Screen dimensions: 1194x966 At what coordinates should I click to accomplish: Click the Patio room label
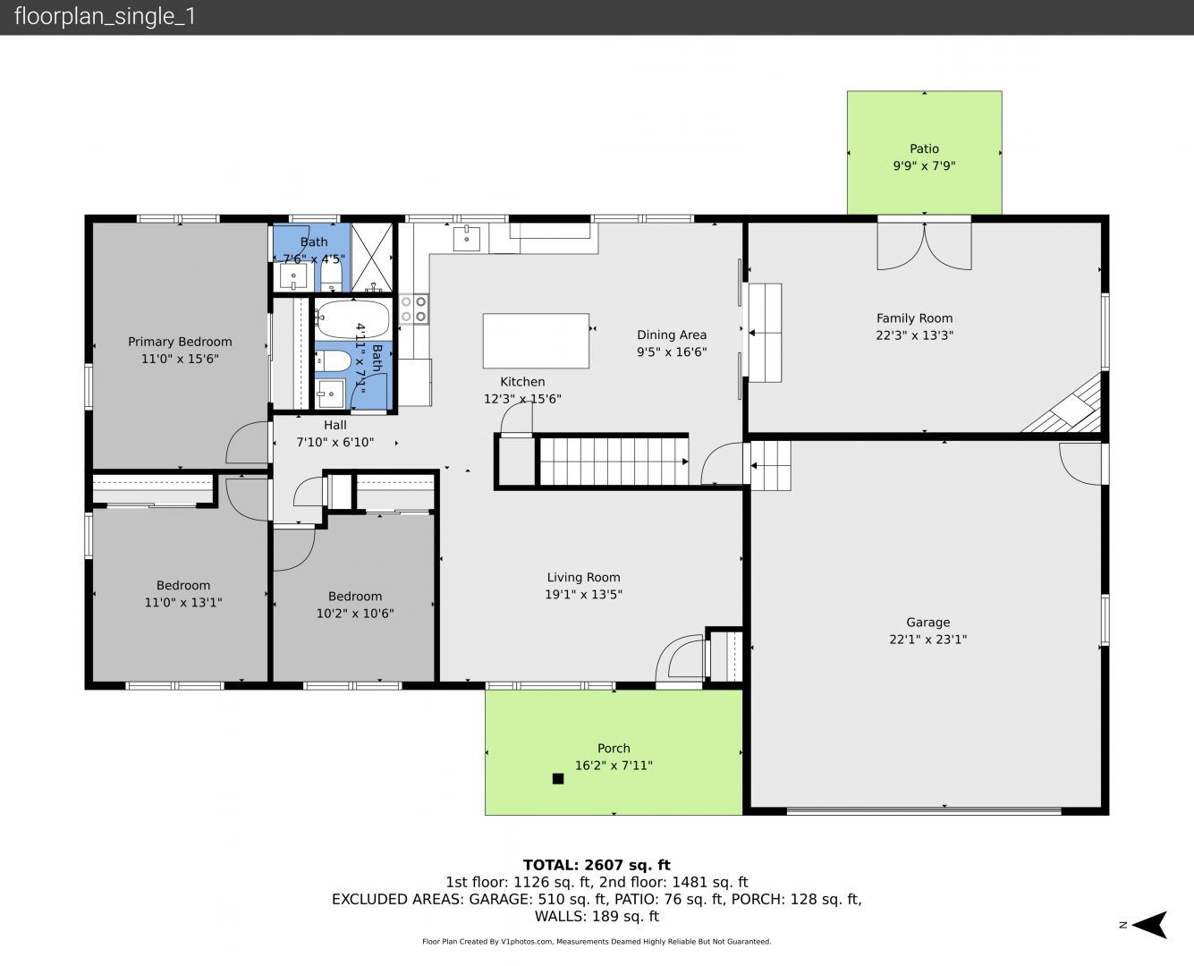924,148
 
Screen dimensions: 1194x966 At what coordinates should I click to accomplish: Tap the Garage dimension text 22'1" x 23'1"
927,640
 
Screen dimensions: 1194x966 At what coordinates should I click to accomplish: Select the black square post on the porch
558,778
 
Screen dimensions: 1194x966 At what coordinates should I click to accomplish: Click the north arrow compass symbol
1149,925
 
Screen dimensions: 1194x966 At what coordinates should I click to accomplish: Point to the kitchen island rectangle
536,341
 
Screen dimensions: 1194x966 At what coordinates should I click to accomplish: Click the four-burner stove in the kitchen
414,309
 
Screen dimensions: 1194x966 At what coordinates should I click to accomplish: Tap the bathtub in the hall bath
351,319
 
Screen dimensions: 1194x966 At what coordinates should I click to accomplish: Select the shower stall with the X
372,257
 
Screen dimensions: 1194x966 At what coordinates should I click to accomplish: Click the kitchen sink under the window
466,238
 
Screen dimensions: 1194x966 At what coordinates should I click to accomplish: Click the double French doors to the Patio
925,246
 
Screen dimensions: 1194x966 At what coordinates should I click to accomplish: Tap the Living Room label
583,578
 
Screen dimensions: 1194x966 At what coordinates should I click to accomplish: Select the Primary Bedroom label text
180,342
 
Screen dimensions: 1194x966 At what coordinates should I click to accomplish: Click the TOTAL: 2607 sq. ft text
597,865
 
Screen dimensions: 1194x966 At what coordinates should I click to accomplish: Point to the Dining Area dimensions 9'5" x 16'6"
672,352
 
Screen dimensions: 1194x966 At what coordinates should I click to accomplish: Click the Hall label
335,425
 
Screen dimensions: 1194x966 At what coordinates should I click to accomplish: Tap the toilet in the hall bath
333,361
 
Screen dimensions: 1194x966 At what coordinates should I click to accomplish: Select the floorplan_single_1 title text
105,17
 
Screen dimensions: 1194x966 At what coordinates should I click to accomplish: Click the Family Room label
914,318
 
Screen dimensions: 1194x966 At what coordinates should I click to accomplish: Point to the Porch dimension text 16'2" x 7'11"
614,766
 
